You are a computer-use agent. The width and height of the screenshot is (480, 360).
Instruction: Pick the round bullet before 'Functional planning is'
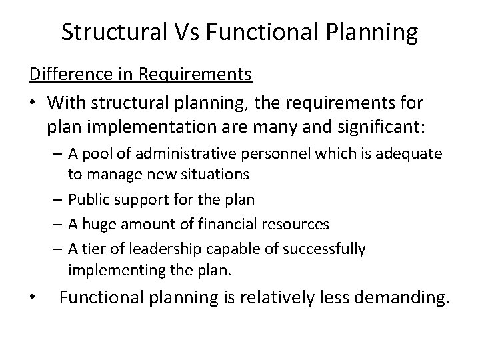(34, 298)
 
